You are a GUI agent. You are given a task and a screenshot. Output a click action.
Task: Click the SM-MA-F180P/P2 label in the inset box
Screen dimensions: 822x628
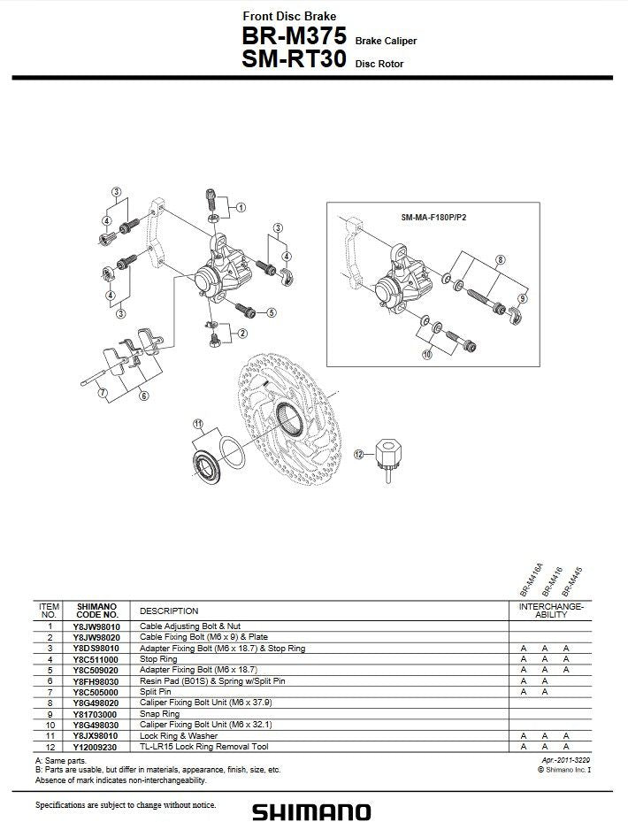(433, 217)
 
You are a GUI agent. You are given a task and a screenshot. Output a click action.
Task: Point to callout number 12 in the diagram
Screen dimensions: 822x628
(359, 454)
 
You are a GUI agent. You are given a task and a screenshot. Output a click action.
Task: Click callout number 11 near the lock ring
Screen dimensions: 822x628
(198, 423)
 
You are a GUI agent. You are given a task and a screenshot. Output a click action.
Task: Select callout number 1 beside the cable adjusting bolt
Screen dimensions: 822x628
(241, 208)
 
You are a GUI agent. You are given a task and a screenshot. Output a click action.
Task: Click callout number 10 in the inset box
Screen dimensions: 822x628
(426, 355)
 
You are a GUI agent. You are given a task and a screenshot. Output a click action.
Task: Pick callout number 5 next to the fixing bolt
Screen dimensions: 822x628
(272, 312)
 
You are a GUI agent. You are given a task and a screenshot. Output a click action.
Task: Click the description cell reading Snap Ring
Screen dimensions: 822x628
(160, 713)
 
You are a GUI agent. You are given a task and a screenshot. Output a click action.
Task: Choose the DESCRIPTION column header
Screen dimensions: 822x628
(169, 611)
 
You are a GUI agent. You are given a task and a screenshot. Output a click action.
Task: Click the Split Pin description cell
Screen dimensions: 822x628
(157, 692)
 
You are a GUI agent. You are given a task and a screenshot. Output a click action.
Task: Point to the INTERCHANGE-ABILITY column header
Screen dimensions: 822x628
(550, 611)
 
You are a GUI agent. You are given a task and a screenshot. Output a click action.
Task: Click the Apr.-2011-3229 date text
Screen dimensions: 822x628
(567, 760)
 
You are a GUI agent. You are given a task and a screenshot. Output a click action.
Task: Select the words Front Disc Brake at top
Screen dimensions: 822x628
(288, 16)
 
